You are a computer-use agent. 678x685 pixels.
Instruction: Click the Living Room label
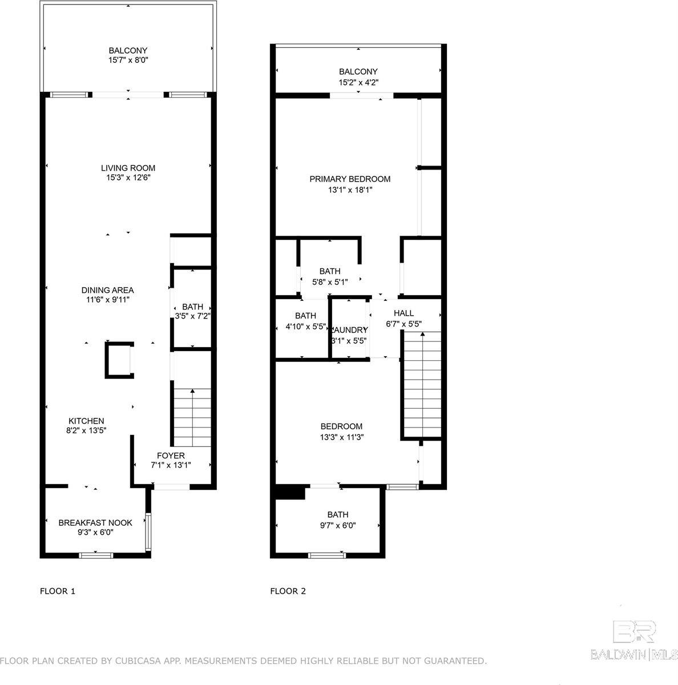(x=128, y=168)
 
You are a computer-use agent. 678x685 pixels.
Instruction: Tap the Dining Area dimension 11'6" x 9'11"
(x=107, y=300)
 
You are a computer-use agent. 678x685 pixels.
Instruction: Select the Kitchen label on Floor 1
(x=86, y=421)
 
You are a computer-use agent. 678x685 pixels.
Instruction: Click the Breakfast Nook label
(x=95, y=522)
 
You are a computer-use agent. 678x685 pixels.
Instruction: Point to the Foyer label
(x=171, y=456)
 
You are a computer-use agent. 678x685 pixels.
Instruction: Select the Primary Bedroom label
(x=350, y=179)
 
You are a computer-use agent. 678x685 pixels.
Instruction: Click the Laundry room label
(x=349, y=330)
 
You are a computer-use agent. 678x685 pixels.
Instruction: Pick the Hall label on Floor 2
(x=403, y=313)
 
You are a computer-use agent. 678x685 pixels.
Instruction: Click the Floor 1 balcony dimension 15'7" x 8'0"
(x=128, y=60)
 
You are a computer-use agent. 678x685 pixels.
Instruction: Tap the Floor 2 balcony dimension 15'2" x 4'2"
(x=358, y=82)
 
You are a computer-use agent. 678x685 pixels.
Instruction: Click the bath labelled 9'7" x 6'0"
(x=337, y=520)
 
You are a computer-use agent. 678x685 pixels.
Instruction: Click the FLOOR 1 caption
(x=57, y=591)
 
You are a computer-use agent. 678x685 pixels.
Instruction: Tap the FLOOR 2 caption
(x=288, y=591)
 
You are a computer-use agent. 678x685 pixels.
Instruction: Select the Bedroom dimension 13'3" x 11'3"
(x=341, y=437)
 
